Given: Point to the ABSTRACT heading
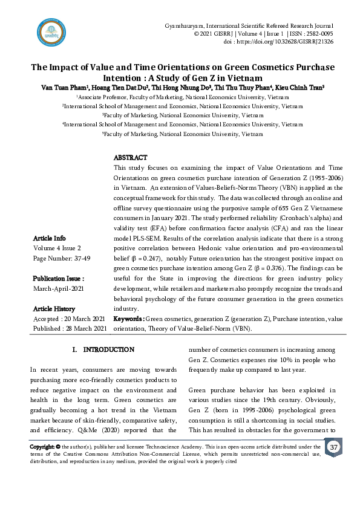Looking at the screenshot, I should (130, 158).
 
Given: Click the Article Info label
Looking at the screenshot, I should (49, 238).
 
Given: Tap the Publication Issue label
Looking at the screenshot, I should (57, 279).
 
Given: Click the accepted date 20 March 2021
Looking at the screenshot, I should (83, 319).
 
